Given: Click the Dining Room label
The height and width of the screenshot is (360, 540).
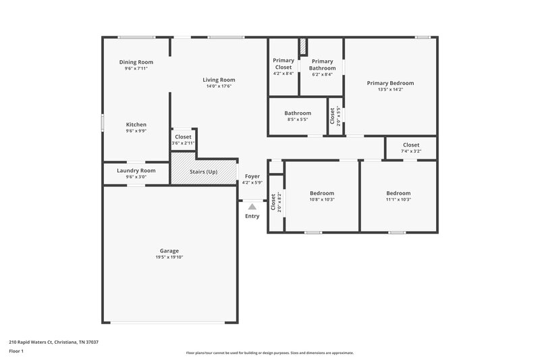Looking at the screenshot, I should coord(136,61).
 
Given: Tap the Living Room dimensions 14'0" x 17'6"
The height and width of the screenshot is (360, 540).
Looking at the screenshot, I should coord(219,86).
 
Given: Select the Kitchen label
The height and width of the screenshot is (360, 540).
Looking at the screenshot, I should coord(136,124).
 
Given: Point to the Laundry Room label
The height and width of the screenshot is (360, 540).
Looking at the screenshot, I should coord(136,170).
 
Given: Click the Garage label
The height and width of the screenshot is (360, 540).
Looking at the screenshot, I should coord(169,251).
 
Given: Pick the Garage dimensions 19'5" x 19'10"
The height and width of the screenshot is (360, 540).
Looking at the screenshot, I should coord(169,257).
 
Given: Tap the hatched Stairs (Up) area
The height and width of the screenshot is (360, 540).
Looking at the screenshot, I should coord(202,172).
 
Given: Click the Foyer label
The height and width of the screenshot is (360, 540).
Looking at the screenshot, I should coord(252,176).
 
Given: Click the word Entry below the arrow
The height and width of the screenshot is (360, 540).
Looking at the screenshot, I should coord(252,216).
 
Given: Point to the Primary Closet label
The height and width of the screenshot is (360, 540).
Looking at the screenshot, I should coord(283,64).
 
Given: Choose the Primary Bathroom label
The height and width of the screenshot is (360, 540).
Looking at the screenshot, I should coord(323,64).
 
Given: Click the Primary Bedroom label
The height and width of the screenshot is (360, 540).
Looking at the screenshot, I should coord(390,83).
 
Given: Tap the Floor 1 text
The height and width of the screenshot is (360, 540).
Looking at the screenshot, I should coord(17,351).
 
